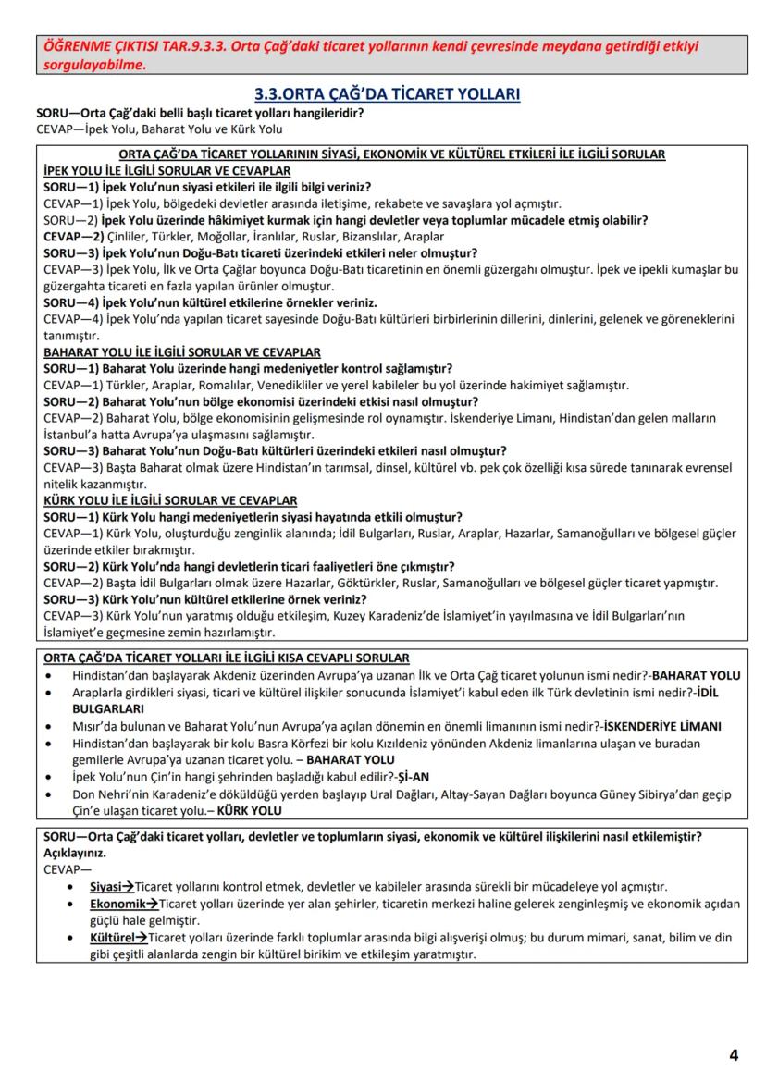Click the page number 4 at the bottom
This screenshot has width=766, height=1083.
[733, 1054]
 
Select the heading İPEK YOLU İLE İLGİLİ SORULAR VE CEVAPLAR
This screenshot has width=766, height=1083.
[167, 170]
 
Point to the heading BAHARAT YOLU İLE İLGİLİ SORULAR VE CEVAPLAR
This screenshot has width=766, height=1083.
[182, 352]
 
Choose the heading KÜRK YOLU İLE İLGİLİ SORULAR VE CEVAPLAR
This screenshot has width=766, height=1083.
[170, 500]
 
